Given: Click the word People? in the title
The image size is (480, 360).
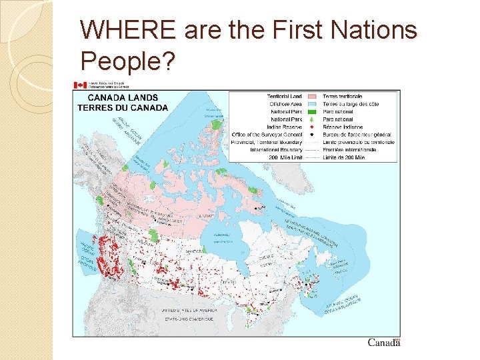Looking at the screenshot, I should click(x=127, y=61).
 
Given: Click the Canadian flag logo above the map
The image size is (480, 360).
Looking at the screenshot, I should click(x=80, y=85).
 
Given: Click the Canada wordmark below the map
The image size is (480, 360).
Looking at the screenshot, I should click(x=384, y=343).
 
